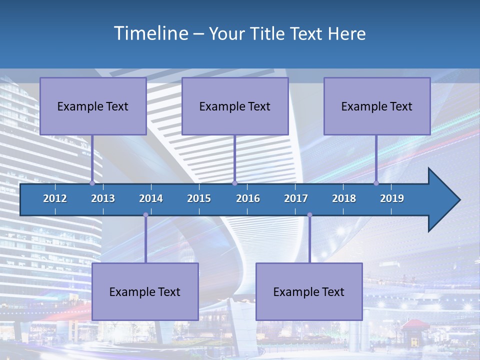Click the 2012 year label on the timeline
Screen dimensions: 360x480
click(x=55, y=198)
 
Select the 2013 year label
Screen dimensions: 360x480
click(x=103, y=198)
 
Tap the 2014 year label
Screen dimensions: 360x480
click(x=151, y=198)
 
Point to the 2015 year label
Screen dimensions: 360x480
click(x=199, y=198)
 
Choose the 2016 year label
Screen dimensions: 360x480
click(x=248, y=198)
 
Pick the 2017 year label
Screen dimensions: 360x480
click(x=296, y=198)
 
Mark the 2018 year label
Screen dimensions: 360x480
click(x=344, y=198)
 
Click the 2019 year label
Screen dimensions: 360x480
click(x=392, y=198)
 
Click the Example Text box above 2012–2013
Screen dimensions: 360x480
click(x=93, y=106)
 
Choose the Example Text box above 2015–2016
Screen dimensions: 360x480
click(x=235, y=106)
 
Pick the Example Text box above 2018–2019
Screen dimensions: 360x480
click(x=377, y=106)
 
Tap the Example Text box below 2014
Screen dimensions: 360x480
click(x=145, y=292)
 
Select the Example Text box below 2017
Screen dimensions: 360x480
click(x=309, y=292)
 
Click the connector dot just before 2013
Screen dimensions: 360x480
click(x=92, y=183)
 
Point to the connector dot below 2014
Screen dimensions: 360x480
click(x=145, y=215)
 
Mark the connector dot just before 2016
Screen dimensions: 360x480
click(x=234, y=183)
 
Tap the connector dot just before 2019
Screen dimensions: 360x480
click(x=376, y=183)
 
